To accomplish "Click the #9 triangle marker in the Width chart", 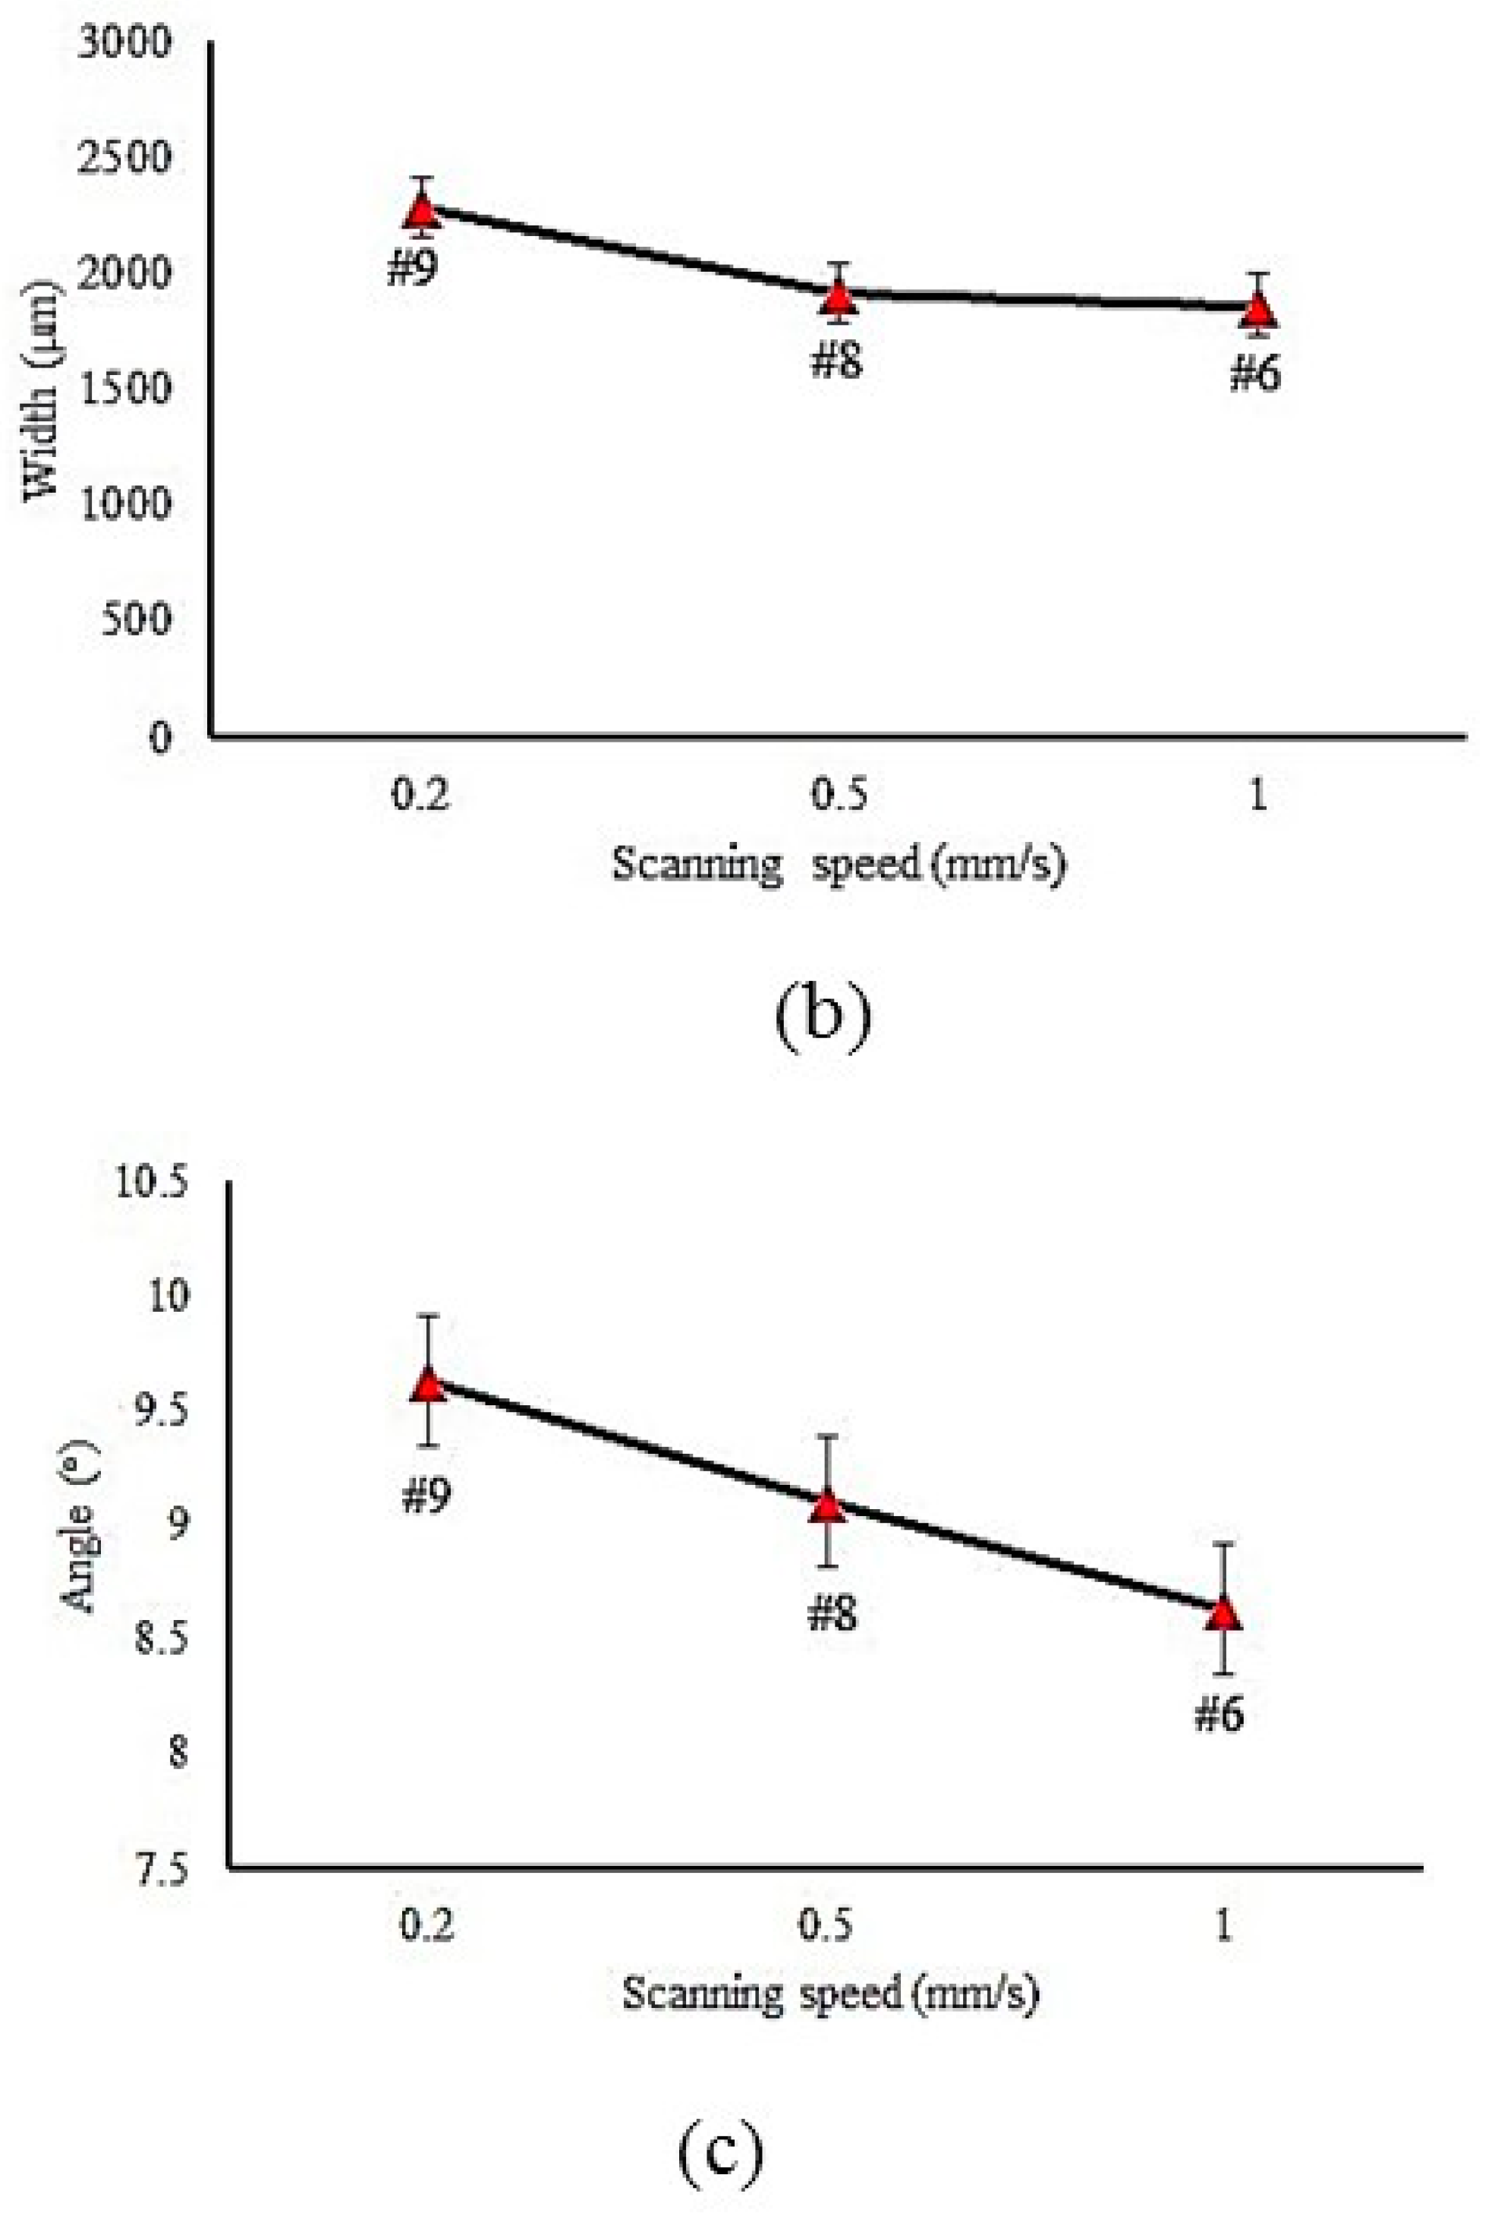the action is tap(421, 209).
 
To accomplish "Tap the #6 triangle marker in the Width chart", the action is tap(1259, 310).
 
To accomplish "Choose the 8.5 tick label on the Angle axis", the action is tap(160, 1637).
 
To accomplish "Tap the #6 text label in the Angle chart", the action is tap(1219, 1716).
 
